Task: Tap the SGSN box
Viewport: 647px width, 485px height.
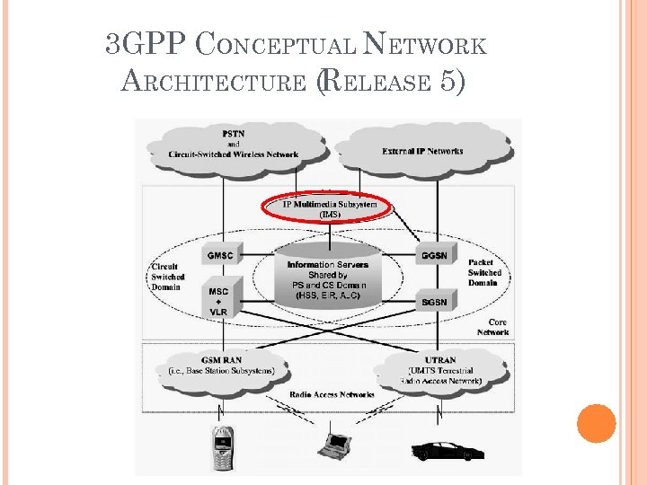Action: click(431, 302)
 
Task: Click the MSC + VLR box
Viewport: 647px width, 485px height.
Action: click(219, 301)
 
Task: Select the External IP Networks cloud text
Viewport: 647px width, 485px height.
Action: click(422, 151)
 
